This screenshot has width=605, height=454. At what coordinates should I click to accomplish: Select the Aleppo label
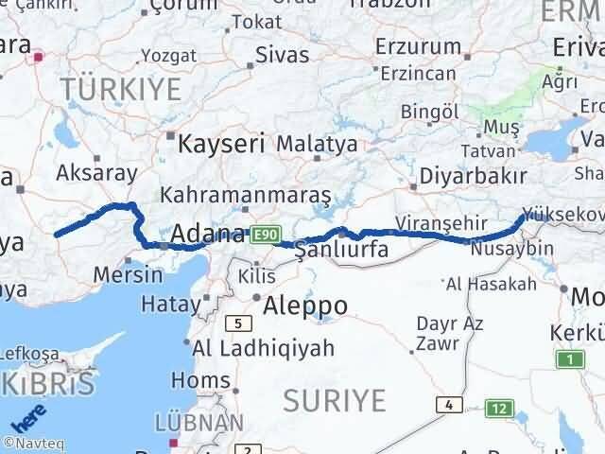304,306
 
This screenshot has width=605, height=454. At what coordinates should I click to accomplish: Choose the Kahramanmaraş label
246,196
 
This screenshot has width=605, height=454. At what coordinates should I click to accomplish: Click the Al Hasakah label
491,283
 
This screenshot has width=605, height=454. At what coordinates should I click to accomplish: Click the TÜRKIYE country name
120,90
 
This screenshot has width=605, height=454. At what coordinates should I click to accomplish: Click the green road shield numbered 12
499,409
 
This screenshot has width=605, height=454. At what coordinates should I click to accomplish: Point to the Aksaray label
96,173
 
